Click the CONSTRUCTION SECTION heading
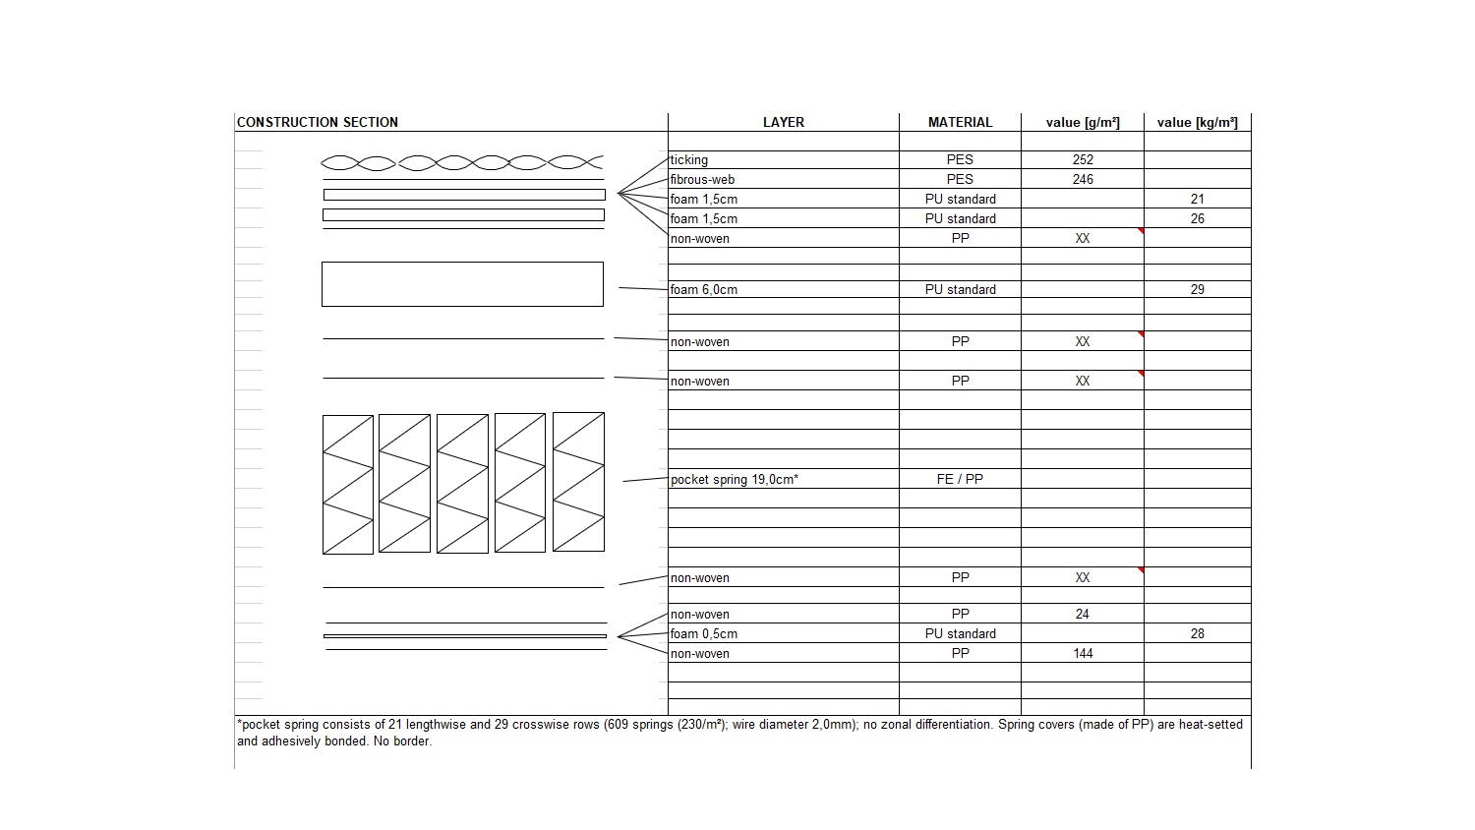(318, 122)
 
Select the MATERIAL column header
(960, 122)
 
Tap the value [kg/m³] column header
(1197, 122)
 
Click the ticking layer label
(689, 160)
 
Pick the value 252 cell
(1083, 159)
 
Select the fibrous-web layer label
(702, 180)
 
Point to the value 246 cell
(1083, 179)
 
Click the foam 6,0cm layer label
(704, 290)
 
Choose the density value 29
(1197, 289)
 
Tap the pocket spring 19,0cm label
(735, 480)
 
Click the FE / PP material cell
(960, 479)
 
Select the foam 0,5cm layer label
(704, 634)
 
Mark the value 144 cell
(1083, 653)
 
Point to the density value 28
(1197, 633)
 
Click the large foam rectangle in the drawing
(462, 284)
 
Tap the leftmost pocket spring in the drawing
(348, 484)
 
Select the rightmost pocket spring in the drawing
(578, 482)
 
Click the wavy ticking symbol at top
(461, 162)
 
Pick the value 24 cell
(1083, 614)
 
